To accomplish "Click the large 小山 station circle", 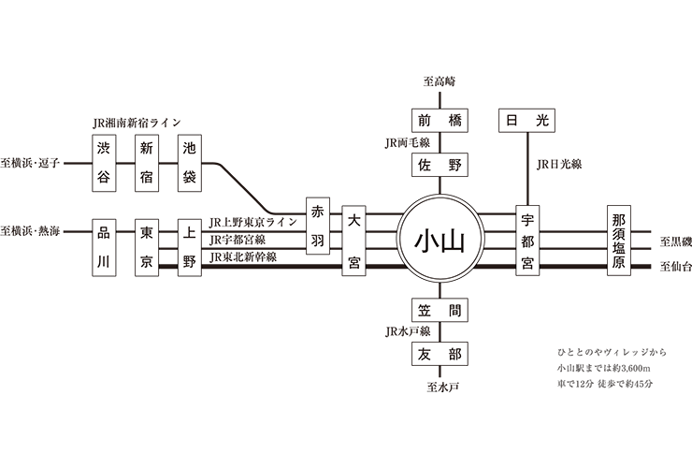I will (x=440, y=240).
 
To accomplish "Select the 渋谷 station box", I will (x=105, y=163).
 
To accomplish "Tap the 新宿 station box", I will (x=146, y=163).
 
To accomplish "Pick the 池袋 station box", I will (x=190, y=163).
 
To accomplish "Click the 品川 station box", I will (x=105, y=247).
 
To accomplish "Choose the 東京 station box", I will (x=146, y=247).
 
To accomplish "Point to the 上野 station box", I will (x=190, y=247).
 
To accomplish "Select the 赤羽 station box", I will (x=317, y=224).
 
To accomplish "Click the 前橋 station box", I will (x=440, y=121).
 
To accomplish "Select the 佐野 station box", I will (x=440, y=166).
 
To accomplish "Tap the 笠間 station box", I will (x=440, y=311).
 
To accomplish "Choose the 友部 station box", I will (x=440, y=355).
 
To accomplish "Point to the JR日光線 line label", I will (x=559, y=165).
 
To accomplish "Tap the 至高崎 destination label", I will (x=439, y=81).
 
